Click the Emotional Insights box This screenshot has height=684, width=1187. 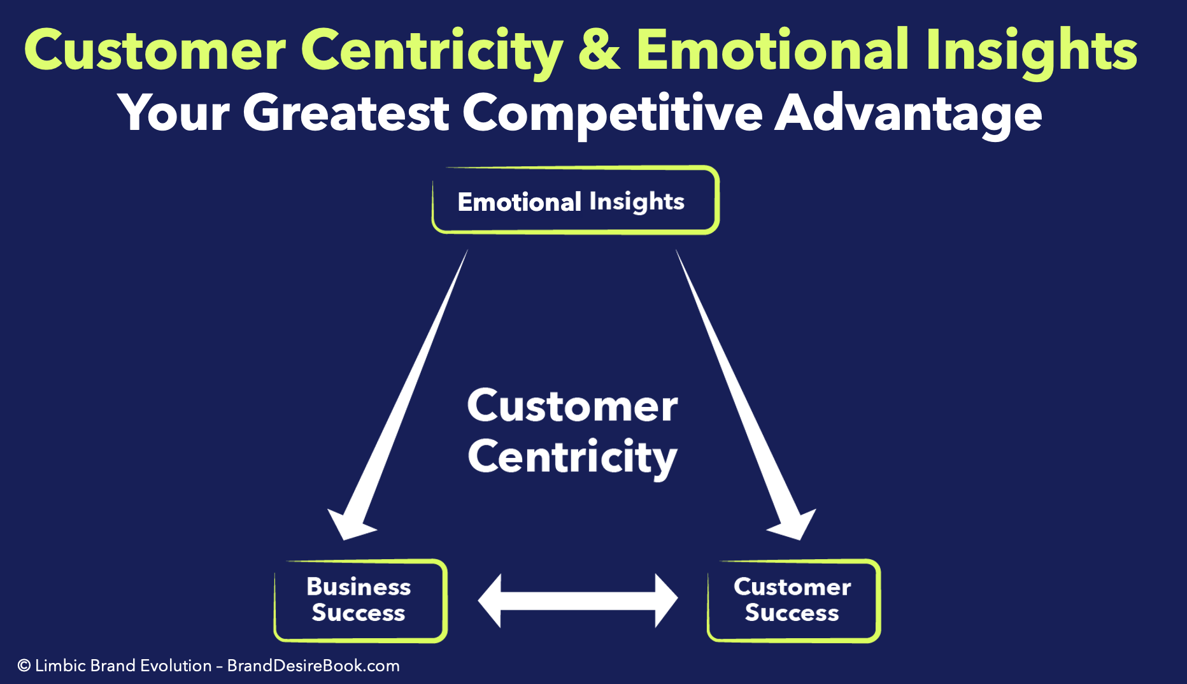[575, 201]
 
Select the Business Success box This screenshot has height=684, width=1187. [360, 600]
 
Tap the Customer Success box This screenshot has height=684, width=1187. [793, 600]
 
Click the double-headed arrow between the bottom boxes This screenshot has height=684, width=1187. [578, 601]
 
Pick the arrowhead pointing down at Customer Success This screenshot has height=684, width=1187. [793, 522]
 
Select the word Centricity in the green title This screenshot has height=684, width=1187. [432, 51]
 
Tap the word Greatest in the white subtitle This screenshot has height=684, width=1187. [346, 113]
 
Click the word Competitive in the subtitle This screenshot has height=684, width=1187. [612, 113]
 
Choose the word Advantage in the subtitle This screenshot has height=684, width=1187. [908, 113]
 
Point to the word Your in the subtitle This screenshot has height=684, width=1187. [173, 113]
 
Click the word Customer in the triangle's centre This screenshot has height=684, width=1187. [572, 406]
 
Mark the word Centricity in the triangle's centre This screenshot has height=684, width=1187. [572, 457]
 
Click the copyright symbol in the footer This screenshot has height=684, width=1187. [24, 666]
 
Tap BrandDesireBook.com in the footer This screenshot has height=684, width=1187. [313, 666]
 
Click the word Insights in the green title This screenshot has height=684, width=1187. [1032, 51]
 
